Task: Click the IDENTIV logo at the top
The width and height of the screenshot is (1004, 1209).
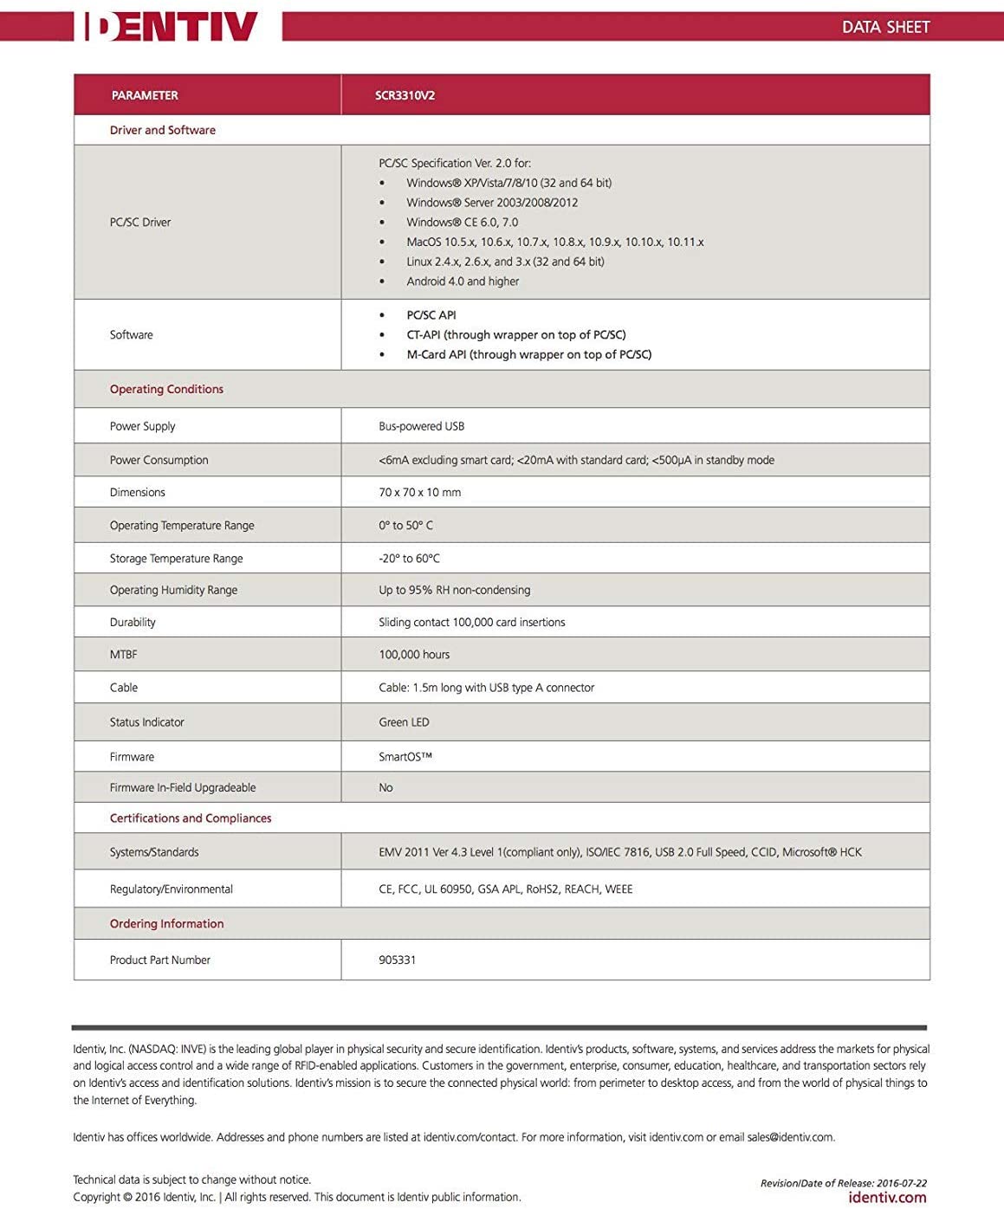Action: [x=171, y=26]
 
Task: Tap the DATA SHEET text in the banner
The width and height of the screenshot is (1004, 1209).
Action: [x=885, y=27]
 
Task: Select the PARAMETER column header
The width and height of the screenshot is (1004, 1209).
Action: [x=145, y=95]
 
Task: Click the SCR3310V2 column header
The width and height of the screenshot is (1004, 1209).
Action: [x=405, y=95]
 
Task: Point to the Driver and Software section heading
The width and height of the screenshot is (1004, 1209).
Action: [x=162, y=130]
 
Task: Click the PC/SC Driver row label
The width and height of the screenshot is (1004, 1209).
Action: [x=139, y=223]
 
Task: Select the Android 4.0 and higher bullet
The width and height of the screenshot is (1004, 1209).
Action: [x=463, y=281]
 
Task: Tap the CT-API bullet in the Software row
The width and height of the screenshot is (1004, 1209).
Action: [x=515, y=335]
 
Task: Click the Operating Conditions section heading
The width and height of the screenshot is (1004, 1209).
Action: [x=166, y=390]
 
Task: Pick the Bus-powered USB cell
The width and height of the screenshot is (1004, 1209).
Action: [x=421, y=426]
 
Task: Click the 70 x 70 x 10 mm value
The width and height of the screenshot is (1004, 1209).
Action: [x=419, y=492]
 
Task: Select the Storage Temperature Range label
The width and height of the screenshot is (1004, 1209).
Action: [x=176, y=559]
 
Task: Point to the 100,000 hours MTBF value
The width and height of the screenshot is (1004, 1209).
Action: [x=414, y=655]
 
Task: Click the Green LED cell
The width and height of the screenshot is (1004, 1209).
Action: [x=404, y=722]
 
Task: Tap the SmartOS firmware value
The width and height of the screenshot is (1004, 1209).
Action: [x=405, y=757]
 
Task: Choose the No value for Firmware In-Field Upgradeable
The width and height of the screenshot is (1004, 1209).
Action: [x=385, y=788]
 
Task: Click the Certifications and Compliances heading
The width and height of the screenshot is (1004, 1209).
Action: [x=190, y=818]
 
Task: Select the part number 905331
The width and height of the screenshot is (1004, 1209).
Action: [x=397, y=960]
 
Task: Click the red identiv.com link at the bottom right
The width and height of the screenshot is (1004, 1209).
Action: [x=887, y=1198]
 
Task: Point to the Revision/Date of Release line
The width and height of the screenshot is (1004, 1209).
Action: [x=843, y=1183]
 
